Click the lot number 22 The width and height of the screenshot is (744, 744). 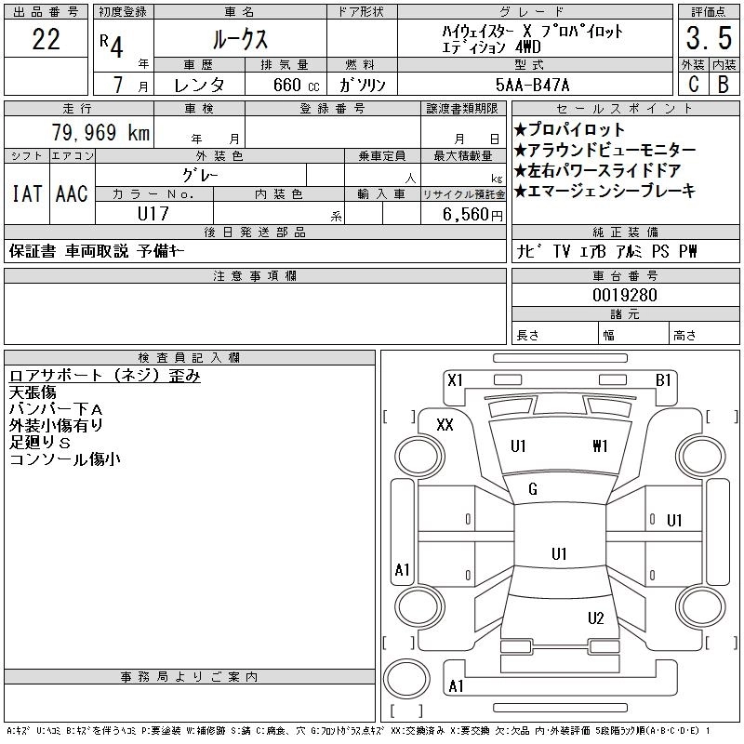click(x=46, y=39)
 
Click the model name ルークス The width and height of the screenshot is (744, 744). click(x=239, y=39)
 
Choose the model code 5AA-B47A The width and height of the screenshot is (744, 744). click(x=546, y=85)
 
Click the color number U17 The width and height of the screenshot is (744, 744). click(x=153, y=213)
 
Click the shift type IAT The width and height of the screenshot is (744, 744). click(x=26, y=194)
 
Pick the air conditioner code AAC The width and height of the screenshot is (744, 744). click(x=72, y=194)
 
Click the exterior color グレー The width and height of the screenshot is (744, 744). click(x=219, y=175)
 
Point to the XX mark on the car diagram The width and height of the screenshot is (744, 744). click(x=445, y=425)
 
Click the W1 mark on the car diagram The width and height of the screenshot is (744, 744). click(x=600, y=446)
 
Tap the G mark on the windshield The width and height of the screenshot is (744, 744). click(x=533, y=490)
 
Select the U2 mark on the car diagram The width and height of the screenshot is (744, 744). click(x=596, y=618)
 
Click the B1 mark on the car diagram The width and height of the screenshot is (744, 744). click(x=663, y=379)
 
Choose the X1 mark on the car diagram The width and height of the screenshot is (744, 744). click(x=455, y=379)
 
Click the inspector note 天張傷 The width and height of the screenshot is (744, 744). click(x=33, y=392)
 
